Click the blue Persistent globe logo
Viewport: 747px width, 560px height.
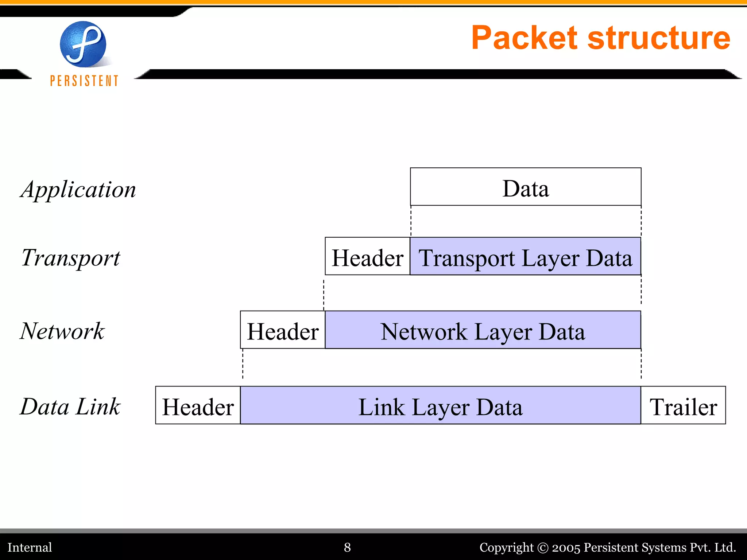[x=83, y=44]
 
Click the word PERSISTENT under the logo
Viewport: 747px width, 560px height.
[x=84, y=81]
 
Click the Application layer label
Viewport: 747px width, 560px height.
[x=78, y=190]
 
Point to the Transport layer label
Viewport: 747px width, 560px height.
[x=71, y=257]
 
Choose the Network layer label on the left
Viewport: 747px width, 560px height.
[x=62, y=331]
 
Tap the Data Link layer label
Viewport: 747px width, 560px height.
[x=70, y=407]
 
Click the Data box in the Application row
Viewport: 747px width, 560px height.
[x=525, y=187]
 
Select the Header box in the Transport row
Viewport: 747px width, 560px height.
[x=367, y=256]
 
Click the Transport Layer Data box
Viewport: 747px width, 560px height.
[x=525, y=256]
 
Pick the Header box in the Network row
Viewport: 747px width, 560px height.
[x=283, y=330]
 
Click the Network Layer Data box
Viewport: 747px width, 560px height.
[x=483, y=330]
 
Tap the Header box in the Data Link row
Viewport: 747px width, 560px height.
[x=198, y=405]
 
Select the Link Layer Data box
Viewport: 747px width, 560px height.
[x=440, y=405]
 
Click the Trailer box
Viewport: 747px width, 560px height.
[x=683, y=405]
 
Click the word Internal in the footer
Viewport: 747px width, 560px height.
[x=30, y=547]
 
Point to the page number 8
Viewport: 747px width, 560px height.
[x=347, y=547]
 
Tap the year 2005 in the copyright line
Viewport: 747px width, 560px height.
[x=566, y=547]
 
